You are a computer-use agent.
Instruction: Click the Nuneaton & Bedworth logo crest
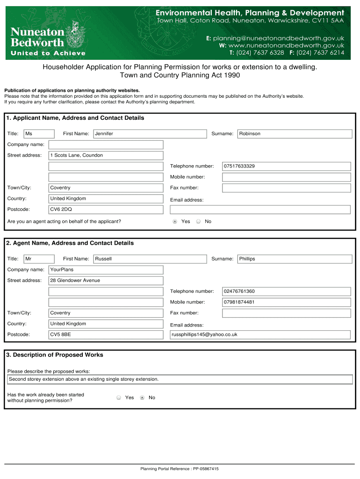76,35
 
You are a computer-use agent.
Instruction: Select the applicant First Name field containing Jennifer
150,134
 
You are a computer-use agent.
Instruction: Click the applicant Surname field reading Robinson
295,134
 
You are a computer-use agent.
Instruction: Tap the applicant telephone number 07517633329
286,166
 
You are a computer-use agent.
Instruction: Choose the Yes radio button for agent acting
175,221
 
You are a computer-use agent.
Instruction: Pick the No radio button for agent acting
198,221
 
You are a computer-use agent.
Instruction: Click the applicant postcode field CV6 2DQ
106,209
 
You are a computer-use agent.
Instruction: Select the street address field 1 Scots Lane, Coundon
106,155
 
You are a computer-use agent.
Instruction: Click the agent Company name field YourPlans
106,269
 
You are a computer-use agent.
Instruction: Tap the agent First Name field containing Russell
150,259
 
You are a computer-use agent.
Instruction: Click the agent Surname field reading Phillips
295,259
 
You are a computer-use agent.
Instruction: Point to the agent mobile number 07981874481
286,302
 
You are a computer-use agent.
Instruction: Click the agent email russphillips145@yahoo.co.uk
260,334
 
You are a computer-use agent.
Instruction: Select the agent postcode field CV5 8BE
106,334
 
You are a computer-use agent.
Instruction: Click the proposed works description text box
180,379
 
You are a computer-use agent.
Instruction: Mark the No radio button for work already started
142,398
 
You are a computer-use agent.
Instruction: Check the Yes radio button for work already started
119,398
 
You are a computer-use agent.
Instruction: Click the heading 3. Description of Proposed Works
55,355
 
